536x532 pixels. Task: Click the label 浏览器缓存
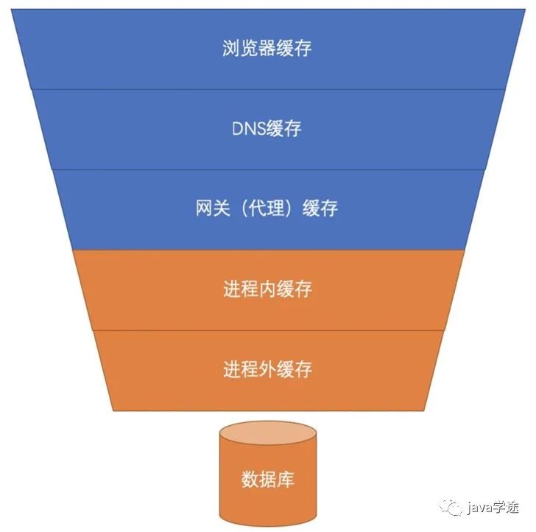pos(267,49)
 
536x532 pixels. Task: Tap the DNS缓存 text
pos(267,128)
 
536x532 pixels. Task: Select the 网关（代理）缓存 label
pos(267,208)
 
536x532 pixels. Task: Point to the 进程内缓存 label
pos(267,288)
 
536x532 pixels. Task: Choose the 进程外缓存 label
pos(267,368)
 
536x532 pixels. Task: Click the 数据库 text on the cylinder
pos(268,480)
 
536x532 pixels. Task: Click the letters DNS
pos(247,128)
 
